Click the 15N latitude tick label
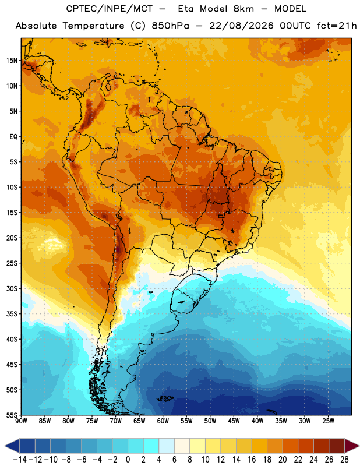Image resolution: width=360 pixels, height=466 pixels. (12, 61)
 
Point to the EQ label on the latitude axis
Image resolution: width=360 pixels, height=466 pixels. (13, 137)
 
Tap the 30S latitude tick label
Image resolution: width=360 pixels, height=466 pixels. (12, 288)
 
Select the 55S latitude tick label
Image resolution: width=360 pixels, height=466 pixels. (12, 415)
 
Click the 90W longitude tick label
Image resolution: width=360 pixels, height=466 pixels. (21, 421)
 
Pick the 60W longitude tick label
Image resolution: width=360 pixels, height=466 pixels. (163, 421)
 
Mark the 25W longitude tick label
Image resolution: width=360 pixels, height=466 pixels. (328, 421)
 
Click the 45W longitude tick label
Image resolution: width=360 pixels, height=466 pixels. (234, 421)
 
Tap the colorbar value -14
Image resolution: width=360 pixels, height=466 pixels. (20, 460)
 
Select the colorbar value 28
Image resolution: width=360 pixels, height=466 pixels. (344, 460)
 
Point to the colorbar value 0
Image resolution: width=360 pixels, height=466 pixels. (128, 460)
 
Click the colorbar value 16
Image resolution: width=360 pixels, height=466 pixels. (252, 460)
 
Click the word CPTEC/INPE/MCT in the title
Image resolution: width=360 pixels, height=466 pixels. (109, 9)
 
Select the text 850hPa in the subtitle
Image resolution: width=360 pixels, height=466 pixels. (170, 26)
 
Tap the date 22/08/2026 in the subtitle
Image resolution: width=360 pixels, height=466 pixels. (241, 26)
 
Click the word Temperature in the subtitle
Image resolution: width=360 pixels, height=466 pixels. (93, 26)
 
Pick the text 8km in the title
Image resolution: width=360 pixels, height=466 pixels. (243, 9)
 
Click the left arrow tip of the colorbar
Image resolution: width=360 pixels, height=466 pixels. (5, 446)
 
